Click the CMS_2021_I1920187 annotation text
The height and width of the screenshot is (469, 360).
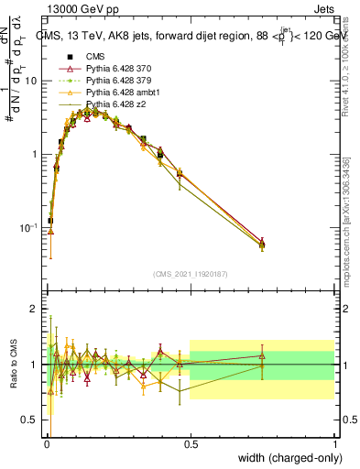[x=190, y=273]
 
